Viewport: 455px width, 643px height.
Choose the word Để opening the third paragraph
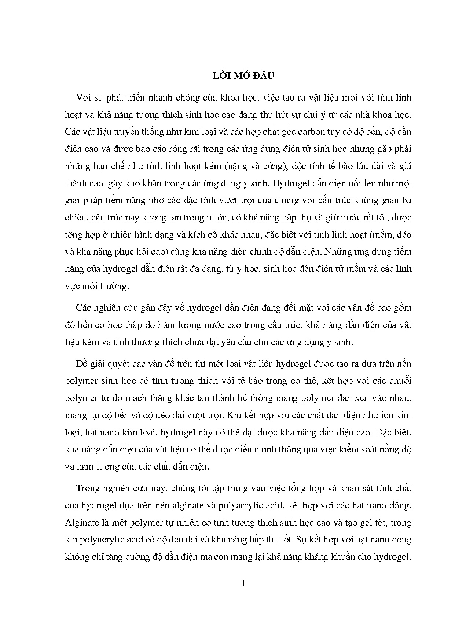(x=82, y=364)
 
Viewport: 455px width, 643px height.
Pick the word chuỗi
(x=401, y=381)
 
